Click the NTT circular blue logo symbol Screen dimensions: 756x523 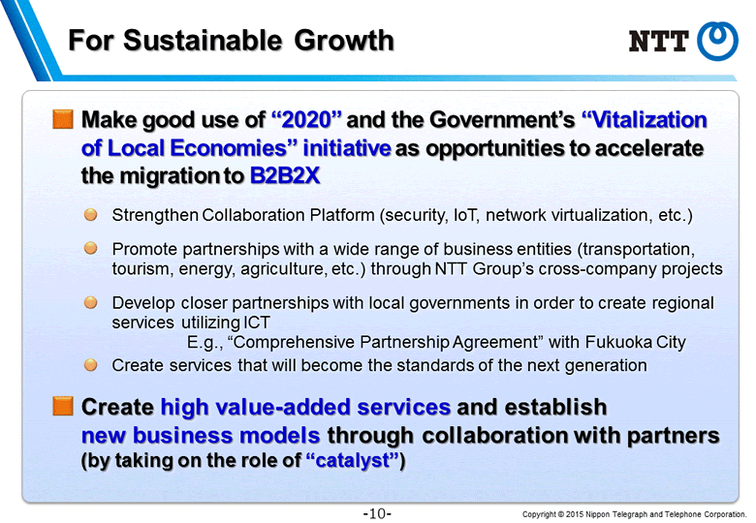tap(717, 41)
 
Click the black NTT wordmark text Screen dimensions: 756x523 tap(659, 41)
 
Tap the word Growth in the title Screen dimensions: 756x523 tap(344, 40)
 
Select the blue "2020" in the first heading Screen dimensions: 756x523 tap(306, 119)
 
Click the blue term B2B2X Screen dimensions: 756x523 tap(285, 175)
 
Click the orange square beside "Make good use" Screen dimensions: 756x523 tap(63, 119)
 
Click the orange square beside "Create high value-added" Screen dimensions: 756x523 tap(63, 406)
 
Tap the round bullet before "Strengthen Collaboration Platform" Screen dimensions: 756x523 tap(91, 215)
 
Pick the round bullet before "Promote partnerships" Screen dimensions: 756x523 tap(91, 249)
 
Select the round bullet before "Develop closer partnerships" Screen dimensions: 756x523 tap(91, 302)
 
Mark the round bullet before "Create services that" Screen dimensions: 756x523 tap(91, 365)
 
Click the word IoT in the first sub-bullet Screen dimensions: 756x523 tap(466, 215)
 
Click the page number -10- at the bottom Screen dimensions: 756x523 tap(377, 513)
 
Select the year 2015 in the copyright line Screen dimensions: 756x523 tap(575, 514)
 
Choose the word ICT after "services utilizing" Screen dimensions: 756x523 tap(257, 323)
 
